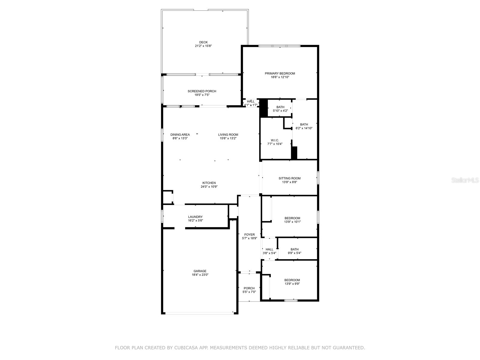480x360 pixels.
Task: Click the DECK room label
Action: [x=203, y=42]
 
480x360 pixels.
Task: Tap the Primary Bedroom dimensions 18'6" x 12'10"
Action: [x=280, y=77]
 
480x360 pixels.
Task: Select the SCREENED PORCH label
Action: [x=202, y=91]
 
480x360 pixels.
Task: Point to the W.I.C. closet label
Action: [x=275, y=140]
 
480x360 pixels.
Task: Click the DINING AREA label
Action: [x=180, y=135]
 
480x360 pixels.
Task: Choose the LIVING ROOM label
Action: [x=228, y=135]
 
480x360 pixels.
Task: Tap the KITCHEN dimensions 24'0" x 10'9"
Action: [x=209, y=187]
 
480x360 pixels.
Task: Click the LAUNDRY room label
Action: [x=195, y=217]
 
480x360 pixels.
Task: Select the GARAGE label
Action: [x=200, y=271]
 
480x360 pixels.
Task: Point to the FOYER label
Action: [x=249, y=235]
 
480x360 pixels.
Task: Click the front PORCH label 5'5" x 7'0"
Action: [x=249, y=290]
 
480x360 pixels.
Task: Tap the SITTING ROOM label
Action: [x=289, y=178]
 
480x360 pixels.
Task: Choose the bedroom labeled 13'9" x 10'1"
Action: [x=292, y=220]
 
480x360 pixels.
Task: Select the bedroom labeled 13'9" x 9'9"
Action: [x=292, y=282]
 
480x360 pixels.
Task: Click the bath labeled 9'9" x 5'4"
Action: [x=294, y=251]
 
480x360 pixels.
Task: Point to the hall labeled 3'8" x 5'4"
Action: [x=269, y=251]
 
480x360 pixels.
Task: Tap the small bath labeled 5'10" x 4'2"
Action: [x=280, y=109]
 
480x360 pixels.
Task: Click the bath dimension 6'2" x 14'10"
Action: [x=304, y=128]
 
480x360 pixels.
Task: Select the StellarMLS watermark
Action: [x=465, y=180]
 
